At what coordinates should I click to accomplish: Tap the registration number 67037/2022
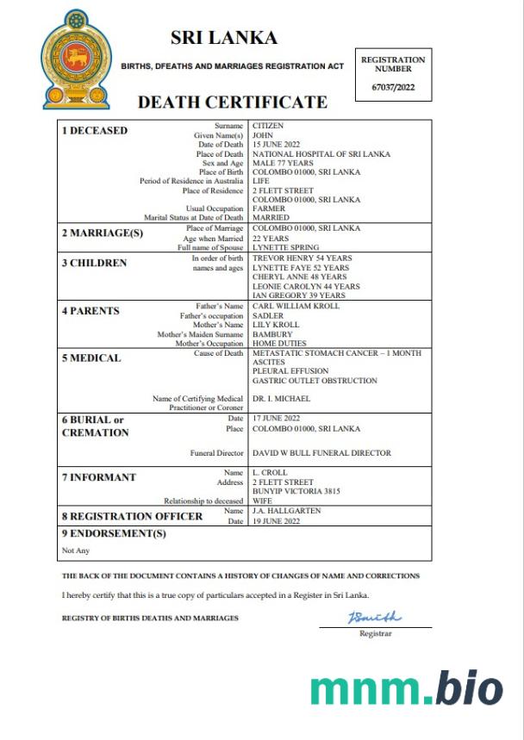tap(392, 88)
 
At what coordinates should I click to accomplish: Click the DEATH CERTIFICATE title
tap(233, 103)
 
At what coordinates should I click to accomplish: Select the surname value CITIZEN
tap(267, 126)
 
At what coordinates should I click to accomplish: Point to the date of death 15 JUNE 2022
tap(278, 145)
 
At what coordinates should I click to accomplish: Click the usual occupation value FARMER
tap(268, 208)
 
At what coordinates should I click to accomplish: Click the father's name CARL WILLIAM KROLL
tap(296, 306)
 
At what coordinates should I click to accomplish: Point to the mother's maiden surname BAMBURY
tap(272, 334)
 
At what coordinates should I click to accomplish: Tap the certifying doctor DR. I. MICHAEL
tap(280, 398)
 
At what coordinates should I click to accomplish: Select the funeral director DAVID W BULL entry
tap(321, 452)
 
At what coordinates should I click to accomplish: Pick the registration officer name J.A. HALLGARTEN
tap(288, 511)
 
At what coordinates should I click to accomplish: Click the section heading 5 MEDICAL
tap(90, 358)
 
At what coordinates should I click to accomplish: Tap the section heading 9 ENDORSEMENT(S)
tap(113, 534)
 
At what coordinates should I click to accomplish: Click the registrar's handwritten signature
tap(373, 617)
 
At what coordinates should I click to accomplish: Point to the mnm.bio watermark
tap(406, 688)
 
